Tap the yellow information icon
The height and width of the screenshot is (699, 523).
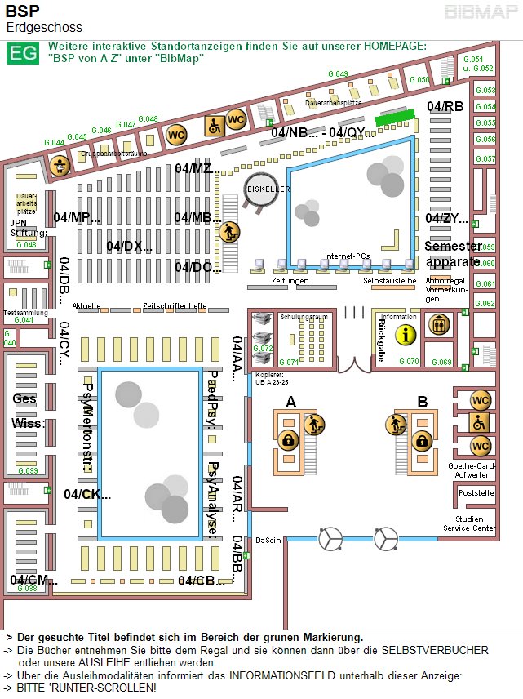point(406,334)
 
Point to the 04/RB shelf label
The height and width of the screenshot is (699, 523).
point(445,106)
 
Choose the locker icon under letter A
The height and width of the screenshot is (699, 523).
point(287,440)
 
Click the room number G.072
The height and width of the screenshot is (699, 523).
point(264,348)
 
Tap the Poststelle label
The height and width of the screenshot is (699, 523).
point(476,493)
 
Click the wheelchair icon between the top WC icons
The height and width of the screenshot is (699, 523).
point(215,126)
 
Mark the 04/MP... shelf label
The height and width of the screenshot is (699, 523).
point(77,217)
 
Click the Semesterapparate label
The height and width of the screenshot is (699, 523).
point(452,254)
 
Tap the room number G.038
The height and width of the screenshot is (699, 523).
point(27,588)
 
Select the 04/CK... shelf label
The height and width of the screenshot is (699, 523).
point(87,494)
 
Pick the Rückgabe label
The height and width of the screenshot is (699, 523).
point(381,338)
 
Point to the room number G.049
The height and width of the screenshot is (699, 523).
point(339,74)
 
